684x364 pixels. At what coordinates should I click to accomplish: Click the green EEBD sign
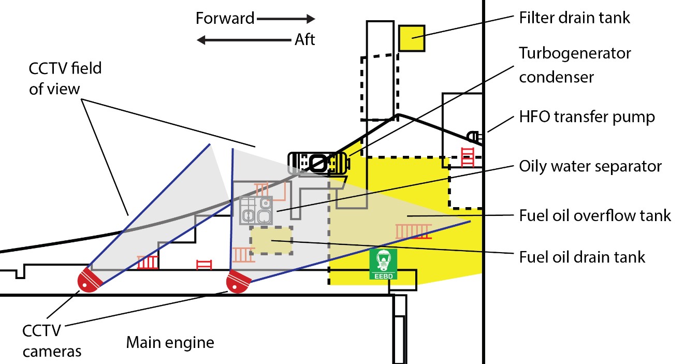(x=383, y=265)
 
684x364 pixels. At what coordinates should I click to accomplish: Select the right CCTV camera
(x=238, y=282)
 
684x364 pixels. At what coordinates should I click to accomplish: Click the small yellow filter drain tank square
(x=412, y=38)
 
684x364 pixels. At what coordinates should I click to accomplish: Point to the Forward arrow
(x=286, y=19)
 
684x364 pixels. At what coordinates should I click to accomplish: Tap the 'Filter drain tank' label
(x=575, y=18)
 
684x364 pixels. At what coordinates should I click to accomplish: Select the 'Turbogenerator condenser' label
(x=575, y=65)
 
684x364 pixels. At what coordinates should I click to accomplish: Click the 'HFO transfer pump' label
(x=587, y=117)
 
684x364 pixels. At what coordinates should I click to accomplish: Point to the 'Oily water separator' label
(x=590, y=166)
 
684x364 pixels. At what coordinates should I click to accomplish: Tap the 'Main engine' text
(x=170, y=342)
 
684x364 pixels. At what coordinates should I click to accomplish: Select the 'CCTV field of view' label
(x=65, y=78)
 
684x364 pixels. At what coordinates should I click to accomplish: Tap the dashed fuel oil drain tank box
(x=271, y=240)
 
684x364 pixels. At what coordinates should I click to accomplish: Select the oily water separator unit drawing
(x=256, y=210)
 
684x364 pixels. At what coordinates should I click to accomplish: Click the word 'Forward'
(x=225, y=19)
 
